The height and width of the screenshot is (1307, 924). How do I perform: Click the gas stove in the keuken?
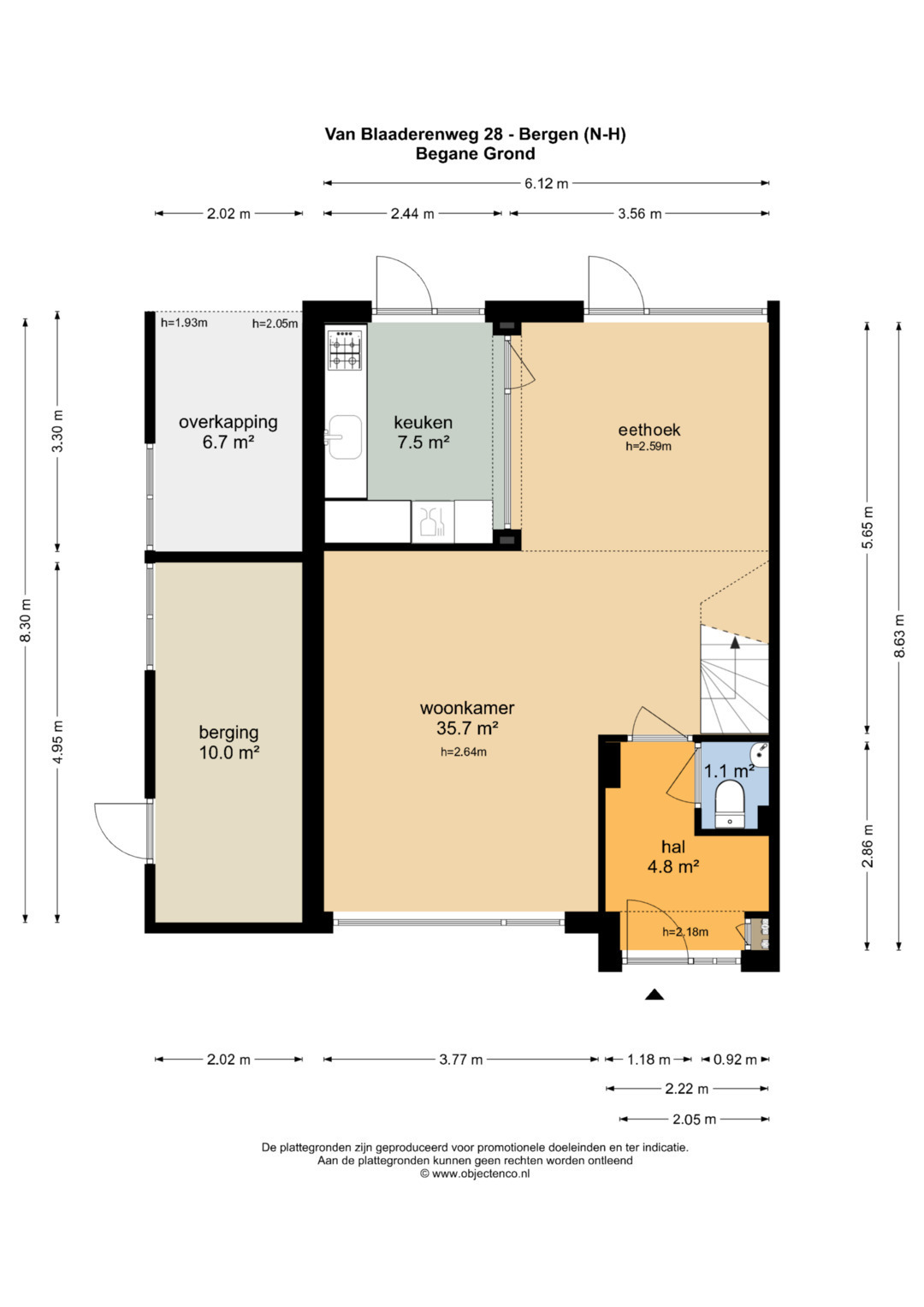click(346, 350)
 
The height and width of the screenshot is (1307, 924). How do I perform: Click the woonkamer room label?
click(467, 709)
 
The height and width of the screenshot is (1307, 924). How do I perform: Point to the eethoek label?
click(649, 430)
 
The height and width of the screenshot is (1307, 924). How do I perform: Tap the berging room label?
click(228, 733)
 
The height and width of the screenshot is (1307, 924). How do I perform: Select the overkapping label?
click(228, 422)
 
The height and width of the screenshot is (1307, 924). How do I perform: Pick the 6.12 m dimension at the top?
click(546, 183)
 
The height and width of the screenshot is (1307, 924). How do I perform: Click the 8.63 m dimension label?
click(899, 635)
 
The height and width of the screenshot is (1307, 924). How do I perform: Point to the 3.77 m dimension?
click(461, 1059)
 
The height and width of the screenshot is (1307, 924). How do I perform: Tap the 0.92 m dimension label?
click(735, 1059)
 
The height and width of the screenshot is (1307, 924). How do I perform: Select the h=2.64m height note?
click(464, 752)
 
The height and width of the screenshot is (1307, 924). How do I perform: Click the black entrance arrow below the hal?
click(654, 995)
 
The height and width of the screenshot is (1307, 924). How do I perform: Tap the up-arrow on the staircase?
click(735, 643)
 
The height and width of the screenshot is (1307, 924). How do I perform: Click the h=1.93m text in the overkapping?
click(184, 322)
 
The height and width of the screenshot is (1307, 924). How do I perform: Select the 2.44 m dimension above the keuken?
click(412, 214)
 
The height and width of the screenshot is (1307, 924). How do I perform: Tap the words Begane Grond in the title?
click(476, 153)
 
